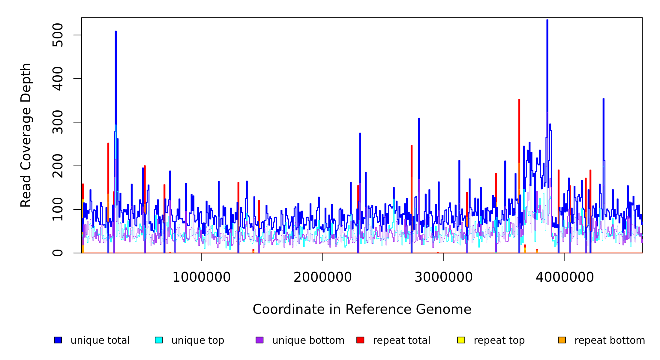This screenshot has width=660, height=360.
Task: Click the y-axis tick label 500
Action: [57, 35]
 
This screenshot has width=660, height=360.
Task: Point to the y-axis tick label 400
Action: [57, 79]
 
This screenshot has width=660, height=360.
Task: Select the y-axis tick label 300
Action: [57, 122]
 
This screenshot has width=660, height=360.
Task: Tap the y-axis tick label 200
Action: [57, 166]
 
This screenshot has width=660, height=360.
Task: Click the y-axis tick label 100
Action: [57, 209]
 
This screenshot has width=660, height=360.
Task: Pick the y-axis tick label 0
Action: [57, 253]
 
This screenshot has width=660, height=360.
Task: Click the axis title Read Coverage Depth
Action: [26, 135]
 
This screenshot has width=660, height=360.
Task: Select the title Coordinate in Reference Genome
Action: [362, 310]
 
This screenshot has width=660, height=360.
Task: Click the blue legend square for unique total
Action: [58, 340]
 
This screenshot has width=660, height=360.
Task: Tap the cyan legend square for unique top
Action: [159, 340]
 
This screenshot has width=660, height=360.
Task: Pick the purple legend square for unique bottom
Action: [259, 340]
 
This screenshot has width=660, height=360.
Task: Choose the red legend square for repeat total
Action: [360, 340]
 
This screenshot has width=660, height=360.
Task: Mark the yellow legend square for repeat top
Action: [461, 340]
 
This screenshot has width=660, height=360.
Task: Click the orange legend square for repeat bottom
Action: [562, 340]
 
